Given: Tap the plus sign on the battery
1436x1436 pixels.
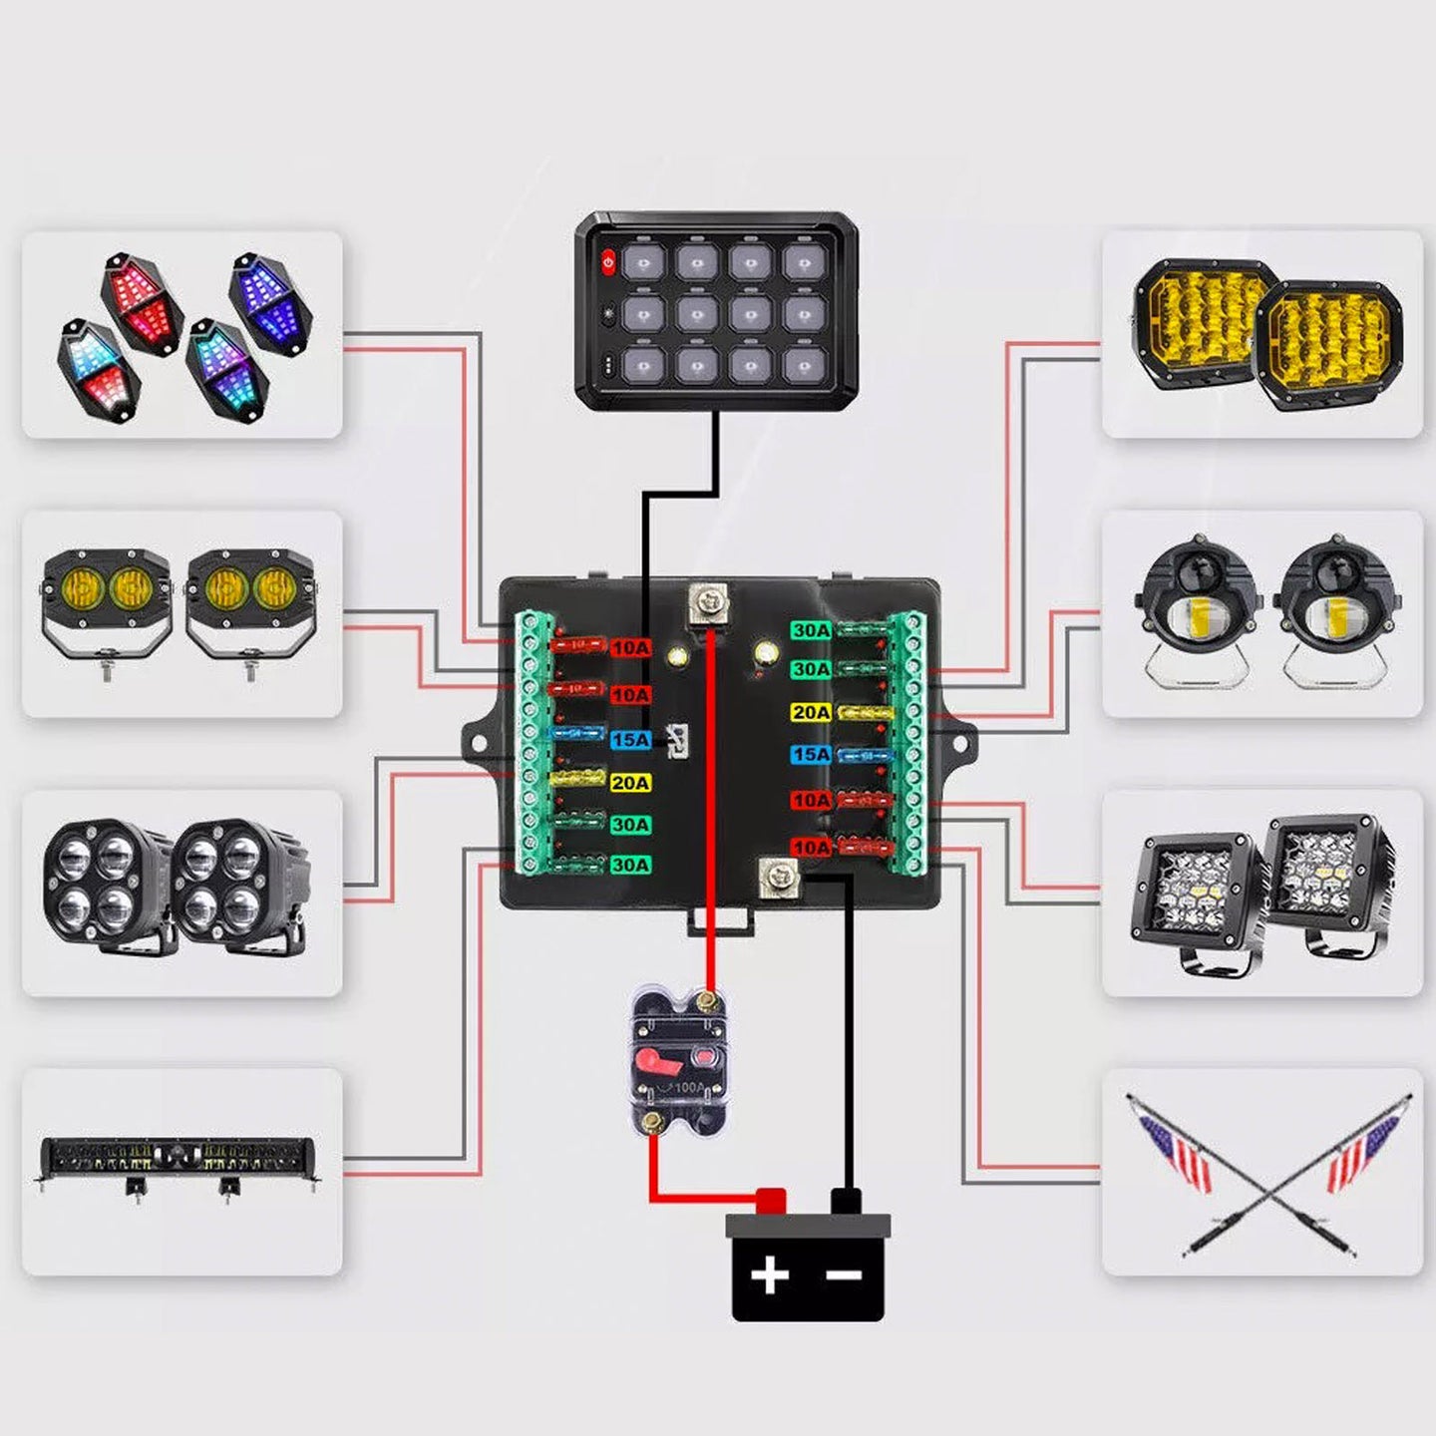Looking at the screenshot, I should [x=769, y=1274].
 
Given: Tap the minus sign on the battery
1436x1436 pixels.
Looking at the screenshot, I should [x=844, y=1274].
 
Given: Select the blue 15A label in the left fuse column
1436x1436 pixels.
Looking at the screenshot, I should [x=630, y=740].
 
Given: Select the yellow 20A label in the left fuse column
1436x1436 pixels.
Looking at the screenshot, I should [x=630, y=783].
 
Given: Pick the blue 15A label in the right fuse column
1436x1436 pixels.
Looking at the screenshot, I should [x=811, y=755].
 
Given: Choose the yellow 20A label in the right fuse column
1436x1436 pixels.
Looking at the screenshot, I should [x=811, y=712].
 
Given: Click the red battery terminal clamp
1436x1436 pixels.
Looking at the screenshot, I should [x=771, y=1201].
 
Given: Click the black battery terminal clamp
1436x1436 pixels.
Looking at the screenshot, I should [x=846, y=1201].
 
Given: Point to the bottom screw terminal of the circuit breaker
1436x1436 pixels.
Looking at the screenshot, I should [x=653, y=1123].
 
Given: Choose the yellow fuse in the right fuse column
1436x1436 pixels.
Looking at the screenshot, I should [x=864, y=713].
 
